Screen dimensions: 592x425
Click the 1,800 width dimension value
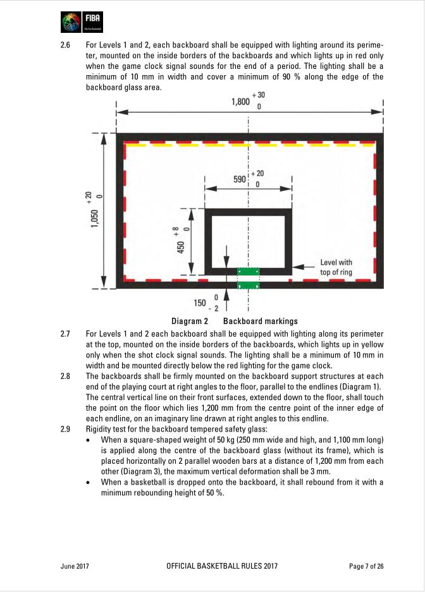tap(241, 102)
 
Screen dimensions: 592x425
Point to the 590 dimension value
tap(240, 179)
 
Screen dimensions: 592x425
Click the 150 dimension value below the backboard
tap(200, 303)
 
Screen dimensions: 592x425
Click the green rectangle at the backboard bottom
tap(249, 278)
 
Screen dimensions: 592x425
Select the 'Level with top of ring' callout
tap(336, 267)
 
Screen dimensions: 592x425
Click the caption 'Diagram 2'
tap(190, 321)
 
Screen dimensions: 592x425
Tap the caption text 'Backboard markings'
tap(260, 321)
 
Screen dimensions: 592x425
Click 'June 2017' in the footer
tap(75, 566)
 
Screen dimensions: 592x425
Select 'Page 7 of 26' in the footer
tap(366, 566)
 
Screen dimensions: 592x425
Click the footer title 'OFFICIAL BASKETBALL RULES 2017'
tap(221, 566)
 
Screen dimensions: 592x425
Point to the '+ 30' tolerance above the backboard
tap(260, 95)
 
